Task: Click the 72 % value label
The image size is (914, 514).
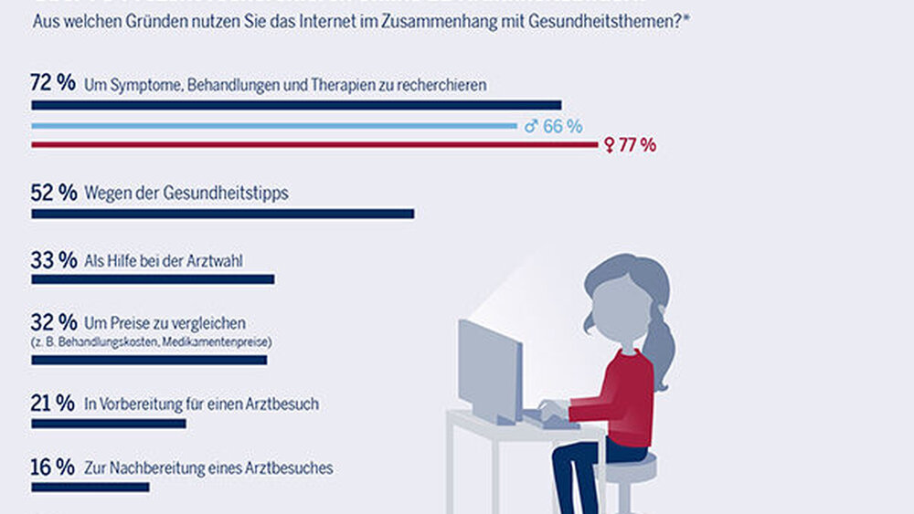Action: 52,83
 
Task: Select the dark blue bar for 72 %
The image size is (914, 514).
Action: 296,105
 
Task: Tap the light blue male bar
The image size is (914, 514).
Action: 274,126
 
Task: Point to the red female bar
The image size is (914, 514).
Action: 314,145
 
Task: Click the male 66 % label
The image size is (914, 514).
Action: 554,126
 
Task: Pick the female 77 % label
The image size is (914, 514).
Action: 631,145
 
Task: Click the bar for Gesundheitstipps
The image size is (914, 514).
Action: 223,214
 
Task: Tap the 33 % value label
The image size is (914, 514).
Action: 52,259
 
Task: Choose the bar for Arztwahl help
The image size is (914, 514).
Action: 153,279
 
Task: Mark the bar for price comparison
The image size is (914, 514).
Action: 149,361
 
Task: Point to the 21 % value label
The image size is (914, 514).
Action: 52,403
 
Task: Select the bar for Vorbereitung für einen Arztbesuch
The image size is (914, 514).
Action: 109,424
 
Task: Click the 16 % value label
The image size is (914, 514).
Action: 52,467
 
